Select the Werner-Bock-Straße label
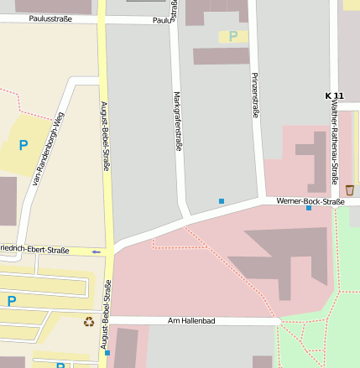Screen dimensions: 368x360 click(x=310, y=201)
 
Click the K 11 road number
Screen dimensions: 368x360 click(x=334, y=96)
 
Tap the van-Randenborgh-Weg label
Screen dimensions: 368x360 click(x=48, y=148)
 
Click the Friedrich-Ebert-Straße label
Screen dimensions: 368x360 click(x=35, y=250)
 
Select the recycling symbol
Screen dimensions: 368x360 click(x=89, y=321)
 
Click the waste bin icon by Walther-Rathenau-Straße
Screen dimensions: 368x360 click(x=349, y=190)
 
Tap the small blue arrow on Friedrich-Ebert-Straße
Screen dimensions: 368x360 click(x=96, y=251)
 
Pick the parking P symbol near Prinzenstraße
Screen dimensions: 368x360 click(x=233, y=36)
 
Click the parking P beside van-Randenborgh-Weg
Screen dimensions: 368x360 click(x=23, y=145)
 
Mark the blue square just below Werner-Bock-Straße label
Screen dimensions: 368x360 click(x=309, y=208)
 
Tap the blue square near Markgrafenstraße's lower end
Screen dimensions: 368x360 click(x=222, y=200)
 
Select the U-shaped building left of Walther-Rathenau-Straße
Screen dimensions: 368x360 click(x=313, y=159)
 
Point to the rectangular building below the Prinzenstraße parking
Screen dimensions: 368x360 click(x=221, y=56)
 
